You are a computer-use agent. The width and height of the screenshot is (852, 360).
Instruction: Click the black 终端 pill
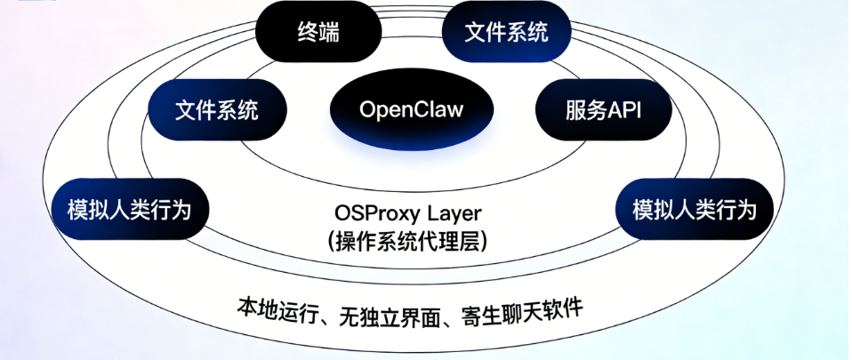[317, 33]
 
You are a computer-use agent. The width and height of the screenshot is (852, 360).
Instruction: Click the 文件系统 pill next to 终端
[506, 33]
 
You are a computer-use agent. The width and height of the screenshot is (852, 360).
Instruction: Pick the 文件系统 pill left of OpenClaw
[217, 110]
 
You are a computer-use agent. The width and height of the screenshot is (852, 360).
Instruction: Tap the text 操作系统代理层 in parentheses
[410, 240]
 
